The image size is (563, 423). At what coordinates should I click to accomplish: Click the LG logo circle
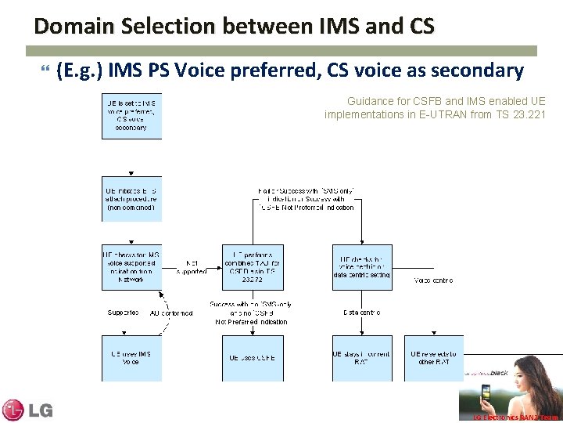pos(13,410)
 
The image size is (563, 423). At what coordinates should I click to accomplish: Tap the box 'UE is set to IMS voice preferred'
pos(131,116)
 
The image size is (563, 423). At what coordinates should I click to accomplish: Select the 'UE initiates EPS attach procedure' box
pos(131,200)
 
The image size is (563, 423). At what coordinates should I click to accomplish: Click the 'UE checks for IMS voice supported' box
pos(131,267)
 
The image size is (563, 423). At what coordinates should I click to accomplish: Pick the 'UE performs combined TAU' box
pos(252,267)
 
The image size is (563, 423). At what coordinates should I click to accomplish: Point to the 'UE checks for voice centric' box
pos(362,267)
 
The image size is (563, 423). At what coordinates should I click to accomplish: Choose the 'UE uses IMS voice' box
pos(131,358)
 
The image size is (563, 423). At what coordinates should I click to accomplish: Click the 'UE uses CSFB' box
pos(252,358)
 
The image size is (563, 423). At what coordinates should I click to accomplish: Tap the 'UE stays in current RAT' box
pos(362,358)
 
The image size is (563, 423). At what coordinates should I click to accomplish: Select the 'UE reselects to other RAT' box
pos(434,358)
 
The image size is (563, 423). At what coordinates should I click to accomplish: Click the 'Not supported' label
pos(192,267)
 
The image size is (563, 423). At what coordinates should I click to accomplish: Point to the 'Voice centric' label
pos(434,280)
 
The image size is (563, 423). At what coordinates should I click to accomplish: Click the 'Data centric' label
pos(362,313)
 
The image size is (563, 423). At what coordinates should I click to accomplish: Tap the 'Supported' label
pos(124,313)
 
